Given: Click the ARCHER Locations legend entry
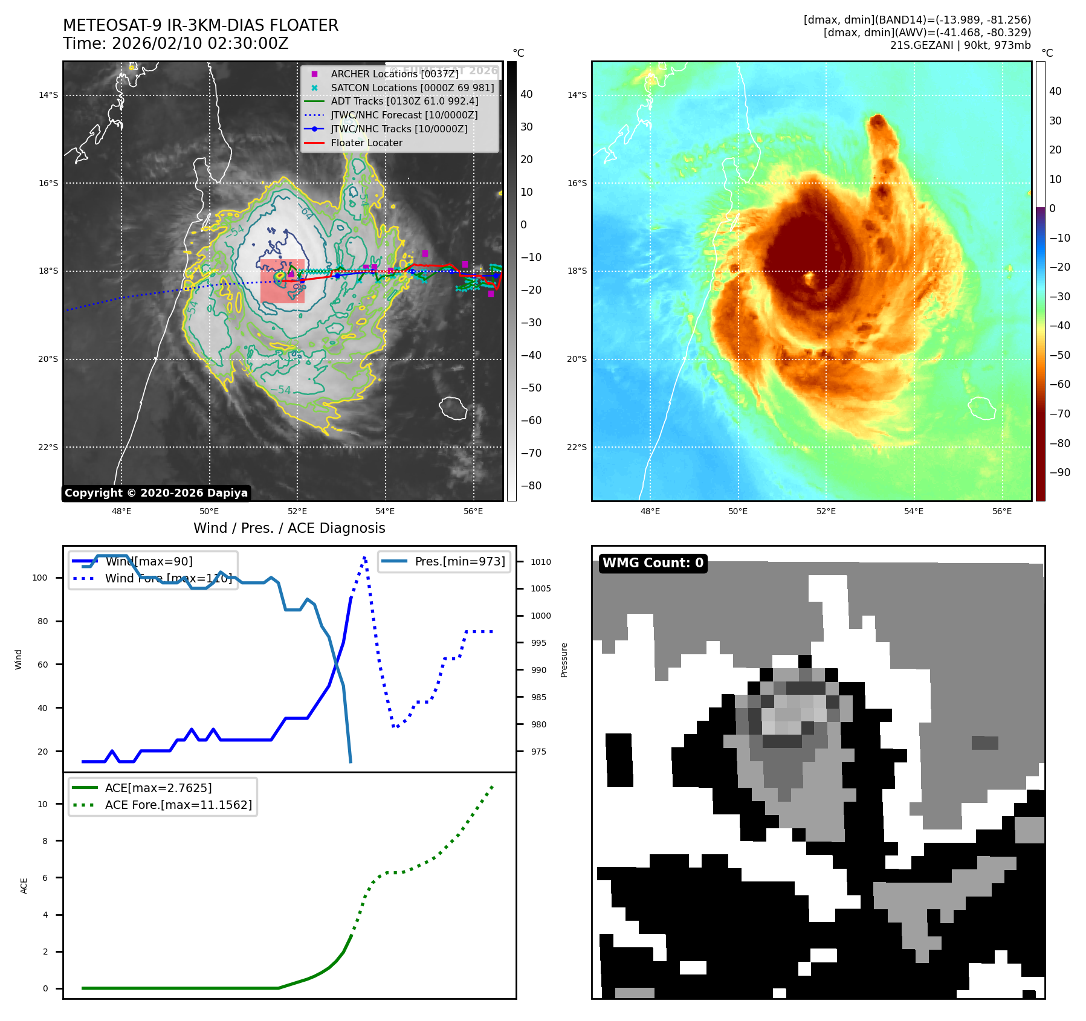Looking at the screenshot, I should click(394, 74).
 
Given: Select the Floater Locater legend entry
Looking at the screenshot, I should click(366, 143).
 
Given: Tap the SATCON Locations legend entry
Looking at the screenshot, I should click(412, 88).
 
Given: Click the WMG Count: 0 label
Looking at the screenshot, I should click(653, 563).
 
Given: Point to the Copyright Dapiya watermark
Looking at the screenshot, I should click(156, 493).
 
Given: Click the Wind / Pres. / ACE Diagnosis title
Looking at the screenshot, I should click(289, 528).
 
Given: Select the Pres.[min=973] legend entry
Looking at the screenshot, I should click(459, 561).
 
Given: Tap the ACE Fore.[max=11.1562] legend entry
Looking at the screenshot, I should click(178, 805).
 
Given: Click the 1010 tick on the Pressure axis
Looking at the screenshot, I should click(541, 562).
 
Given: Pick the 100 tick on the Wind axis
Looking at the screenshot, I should click(40, 578).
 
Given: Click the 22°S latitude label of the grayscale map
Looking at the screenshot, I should click(48, 447).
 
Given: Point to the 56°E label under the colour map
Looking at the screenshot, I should click(1001, 511).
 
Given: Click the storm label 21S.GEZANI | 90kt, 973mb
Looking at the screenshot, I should click(960, 45).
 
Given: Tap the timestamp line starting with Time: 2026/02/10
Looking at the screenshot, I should click(176, 43).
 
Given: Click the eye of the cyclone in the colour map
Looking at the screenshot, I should click(810, 279).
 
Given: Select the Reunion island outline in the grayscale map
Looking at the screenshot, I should click(453, 408).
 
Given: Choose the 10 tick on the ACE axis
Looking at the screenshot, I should click(42, 804).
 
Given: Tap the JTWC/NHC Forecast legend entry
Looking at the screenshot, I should click(404, 115).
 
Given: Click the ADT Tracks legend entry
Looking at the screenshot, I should click(404, 101).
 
